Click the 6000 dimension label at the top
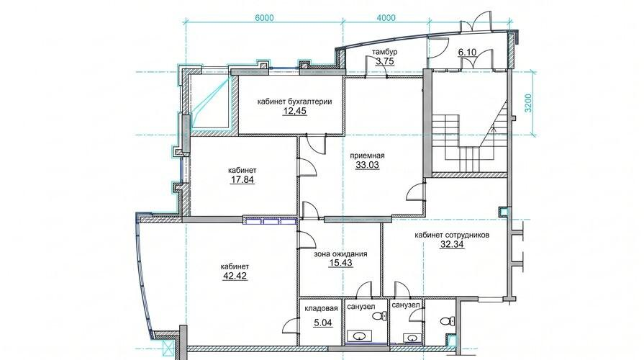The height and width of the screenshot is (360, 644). [x=264, y=18]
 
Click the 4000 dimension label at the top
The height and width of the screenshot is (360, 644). [x=386, y=18]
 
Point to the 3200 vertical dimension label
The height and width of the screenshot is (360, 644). [x=528, y=103]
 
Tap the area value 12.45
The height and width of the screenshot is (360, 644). [x=295, y=111]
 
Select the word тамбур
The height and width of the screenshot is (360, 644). [x=384, y=52]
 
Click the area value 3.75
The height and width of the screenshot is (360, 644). [x=385, y=61]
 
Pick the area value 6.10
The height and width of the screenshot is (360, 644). [x=467, y=52]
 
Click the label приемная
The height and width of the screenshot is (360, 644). [x=367, y=156]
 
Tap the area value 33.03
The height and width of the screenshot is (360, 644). [x=367, y=165]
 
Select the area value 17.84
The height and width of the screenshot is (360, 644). [x=242, y=179]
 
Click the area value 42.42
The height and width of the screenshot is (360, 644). [x=235, y=276]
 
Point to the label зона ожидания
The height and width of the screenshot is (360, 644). [x=340, y=254]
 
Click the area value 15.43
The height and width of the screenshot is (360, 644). [x=340, y=263]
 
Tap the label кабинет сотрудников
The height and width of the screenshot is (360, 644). [x=452, y=235]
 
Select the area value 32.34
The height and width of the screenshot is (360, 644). [x=452, y=245]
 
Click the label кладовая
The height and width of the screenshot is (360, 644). [x=321, y=308]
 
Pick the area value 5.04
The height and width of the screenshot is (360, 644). [x=323, y=323]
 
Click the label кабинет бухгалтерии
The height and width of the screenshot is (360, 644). [x=294, y=102]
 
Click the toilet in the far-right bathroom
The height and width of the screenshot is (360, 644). [x=447, y=321]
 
